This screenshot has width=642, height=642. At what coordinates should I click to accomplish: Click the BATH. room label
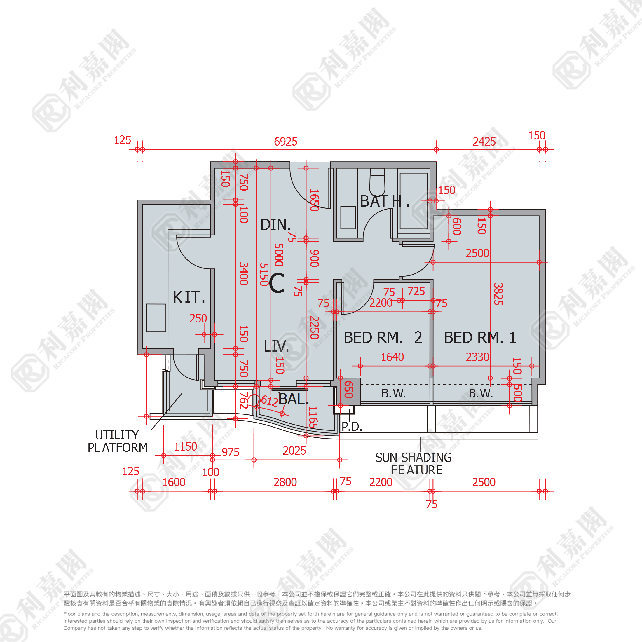[x=384, y=201]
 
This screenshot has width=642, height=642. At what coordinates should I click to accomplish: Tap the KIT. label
[x=189, y=297]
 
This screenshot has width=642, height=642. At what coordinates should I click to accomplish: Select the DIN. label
[x=275, y=225]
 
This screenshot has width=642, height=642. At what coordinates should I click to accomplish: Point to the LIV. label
[x=276, y=347]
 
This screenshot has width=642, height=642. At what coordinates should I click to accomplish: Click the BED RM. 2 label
[x=383, y=338]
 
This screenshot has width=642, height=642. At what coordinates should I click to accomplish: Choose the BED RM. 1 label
[x=480, y=338]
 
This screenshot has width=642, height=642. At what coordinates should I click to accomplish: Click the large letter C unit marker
[x=277, y=283]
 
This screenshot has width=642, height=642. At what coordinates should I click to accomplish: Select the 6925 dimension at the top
[x=285, y=142]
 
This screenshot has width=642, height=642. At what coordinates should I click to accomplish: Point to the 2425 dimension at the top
[x=484, y=142]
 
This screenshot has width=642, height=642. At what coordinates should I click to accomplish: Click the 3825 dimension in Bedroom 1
[x=498, y=294]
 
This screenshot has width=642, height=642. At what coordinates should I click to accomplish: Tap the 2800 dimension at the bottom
[x=285, y=482]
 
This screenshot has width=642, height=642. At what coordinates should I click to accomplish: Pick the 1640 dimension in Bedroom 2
[x=392, y=357]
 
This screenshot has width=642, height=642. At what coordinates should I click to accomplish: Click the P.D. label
[x=352, y=427]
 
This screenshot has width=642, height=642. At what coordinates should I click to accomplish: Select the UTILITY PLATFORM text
[x=118, y=441]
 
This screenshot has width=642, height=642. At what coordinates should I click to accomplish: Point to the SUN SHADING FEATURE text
[x=414, y=464]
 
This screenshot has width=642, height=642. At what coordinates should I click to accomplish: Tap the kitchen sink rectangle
[x=156, y=318]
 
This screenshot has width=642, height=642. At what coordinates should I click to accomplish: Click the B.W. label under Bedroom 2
[x=393, y=393]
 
